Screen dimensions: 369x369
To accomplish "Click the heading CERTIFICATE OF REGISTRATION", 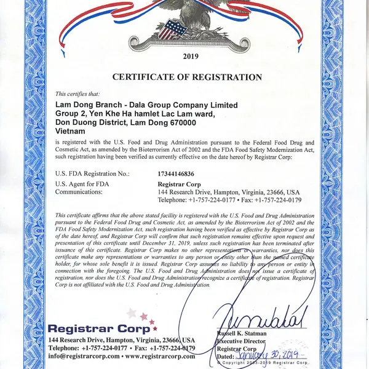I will point(187,77).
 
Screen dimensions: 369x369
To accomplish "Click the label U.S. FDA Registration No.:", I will point(92,174).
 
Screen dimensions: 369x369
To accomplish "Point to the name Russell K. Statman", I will point(244,333).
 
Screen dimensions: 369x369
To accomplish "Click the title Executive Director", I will point(243,341).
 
